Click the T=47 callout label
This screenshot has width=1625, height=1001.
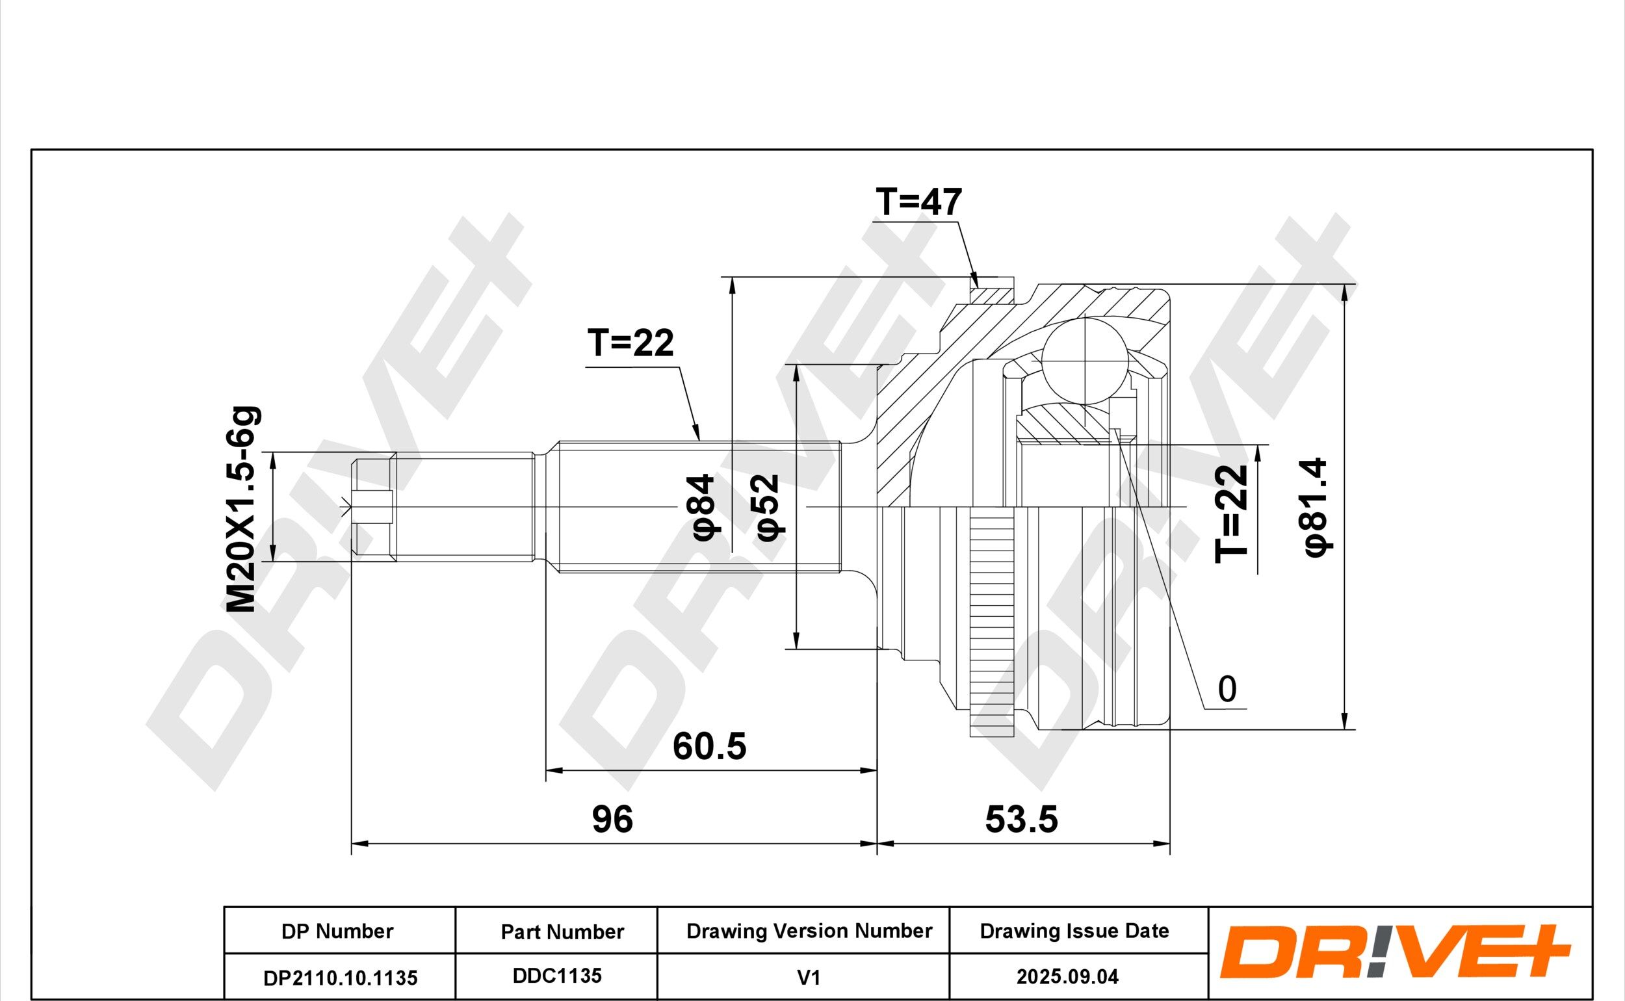(918, 203)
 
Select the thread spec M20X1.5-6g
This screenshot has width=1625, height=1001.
(242, 509)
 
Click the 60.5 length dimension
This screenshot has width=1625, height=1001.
(709, 746)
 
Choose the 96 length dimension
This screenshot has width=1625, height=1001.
(612, 819)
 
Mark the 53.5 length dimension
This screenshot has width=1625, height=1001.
(1021, 819)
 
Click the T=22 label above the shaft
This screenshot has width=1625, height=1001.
(630, 343)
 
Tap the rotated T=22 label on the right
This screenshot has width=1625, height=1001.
(1231, 513)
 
